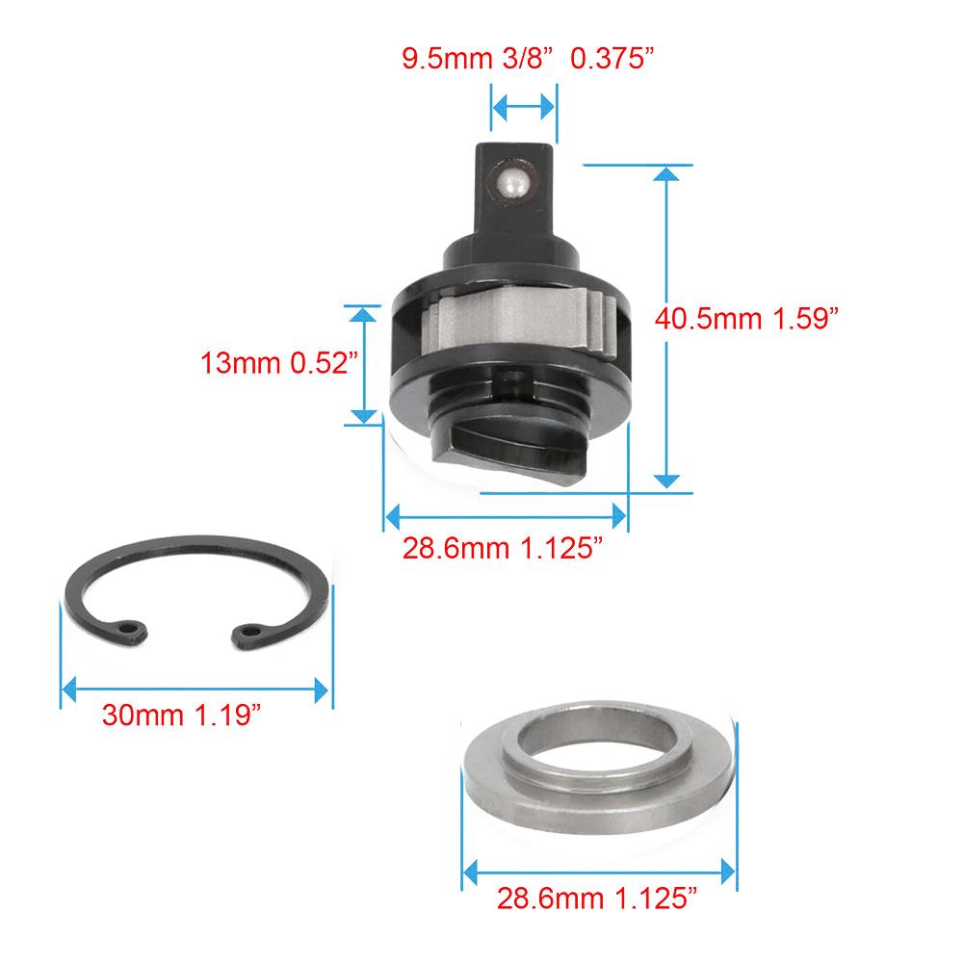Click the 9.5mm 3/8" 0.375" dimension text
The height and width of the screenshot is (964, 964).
coord(528,59)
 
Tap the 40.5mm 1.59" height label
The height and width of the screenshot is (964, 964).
coord(742,319)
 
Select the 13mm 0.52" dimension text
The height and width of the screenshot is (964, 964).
coord(279,364)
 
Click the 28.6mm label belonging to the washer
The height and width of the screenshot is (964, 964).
coord(597,899)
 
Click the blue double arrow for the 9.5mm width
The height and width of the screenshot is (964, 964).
coord(524,106)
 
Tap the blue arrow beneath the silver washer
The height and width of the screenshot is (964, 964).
coord(599,873)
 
